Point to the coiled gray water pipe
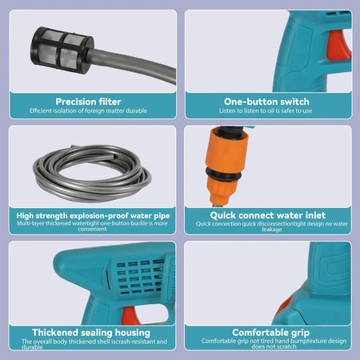[93, 173]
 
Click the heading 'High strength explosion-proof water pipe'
[91, 214]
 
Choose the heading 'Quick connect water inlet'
[268, 214]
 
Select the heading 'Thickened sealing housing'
[91, 332]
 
